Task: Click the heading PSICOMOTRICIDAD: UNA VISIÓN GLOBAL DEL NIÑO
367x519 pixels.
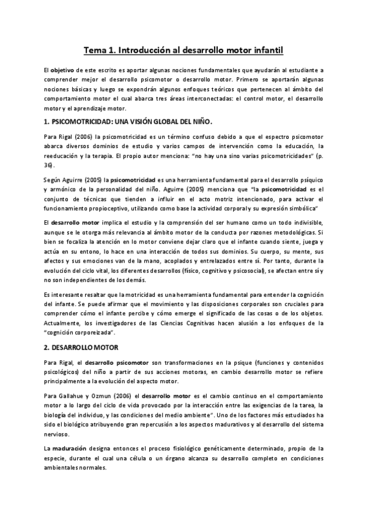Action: coord(128,122)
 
